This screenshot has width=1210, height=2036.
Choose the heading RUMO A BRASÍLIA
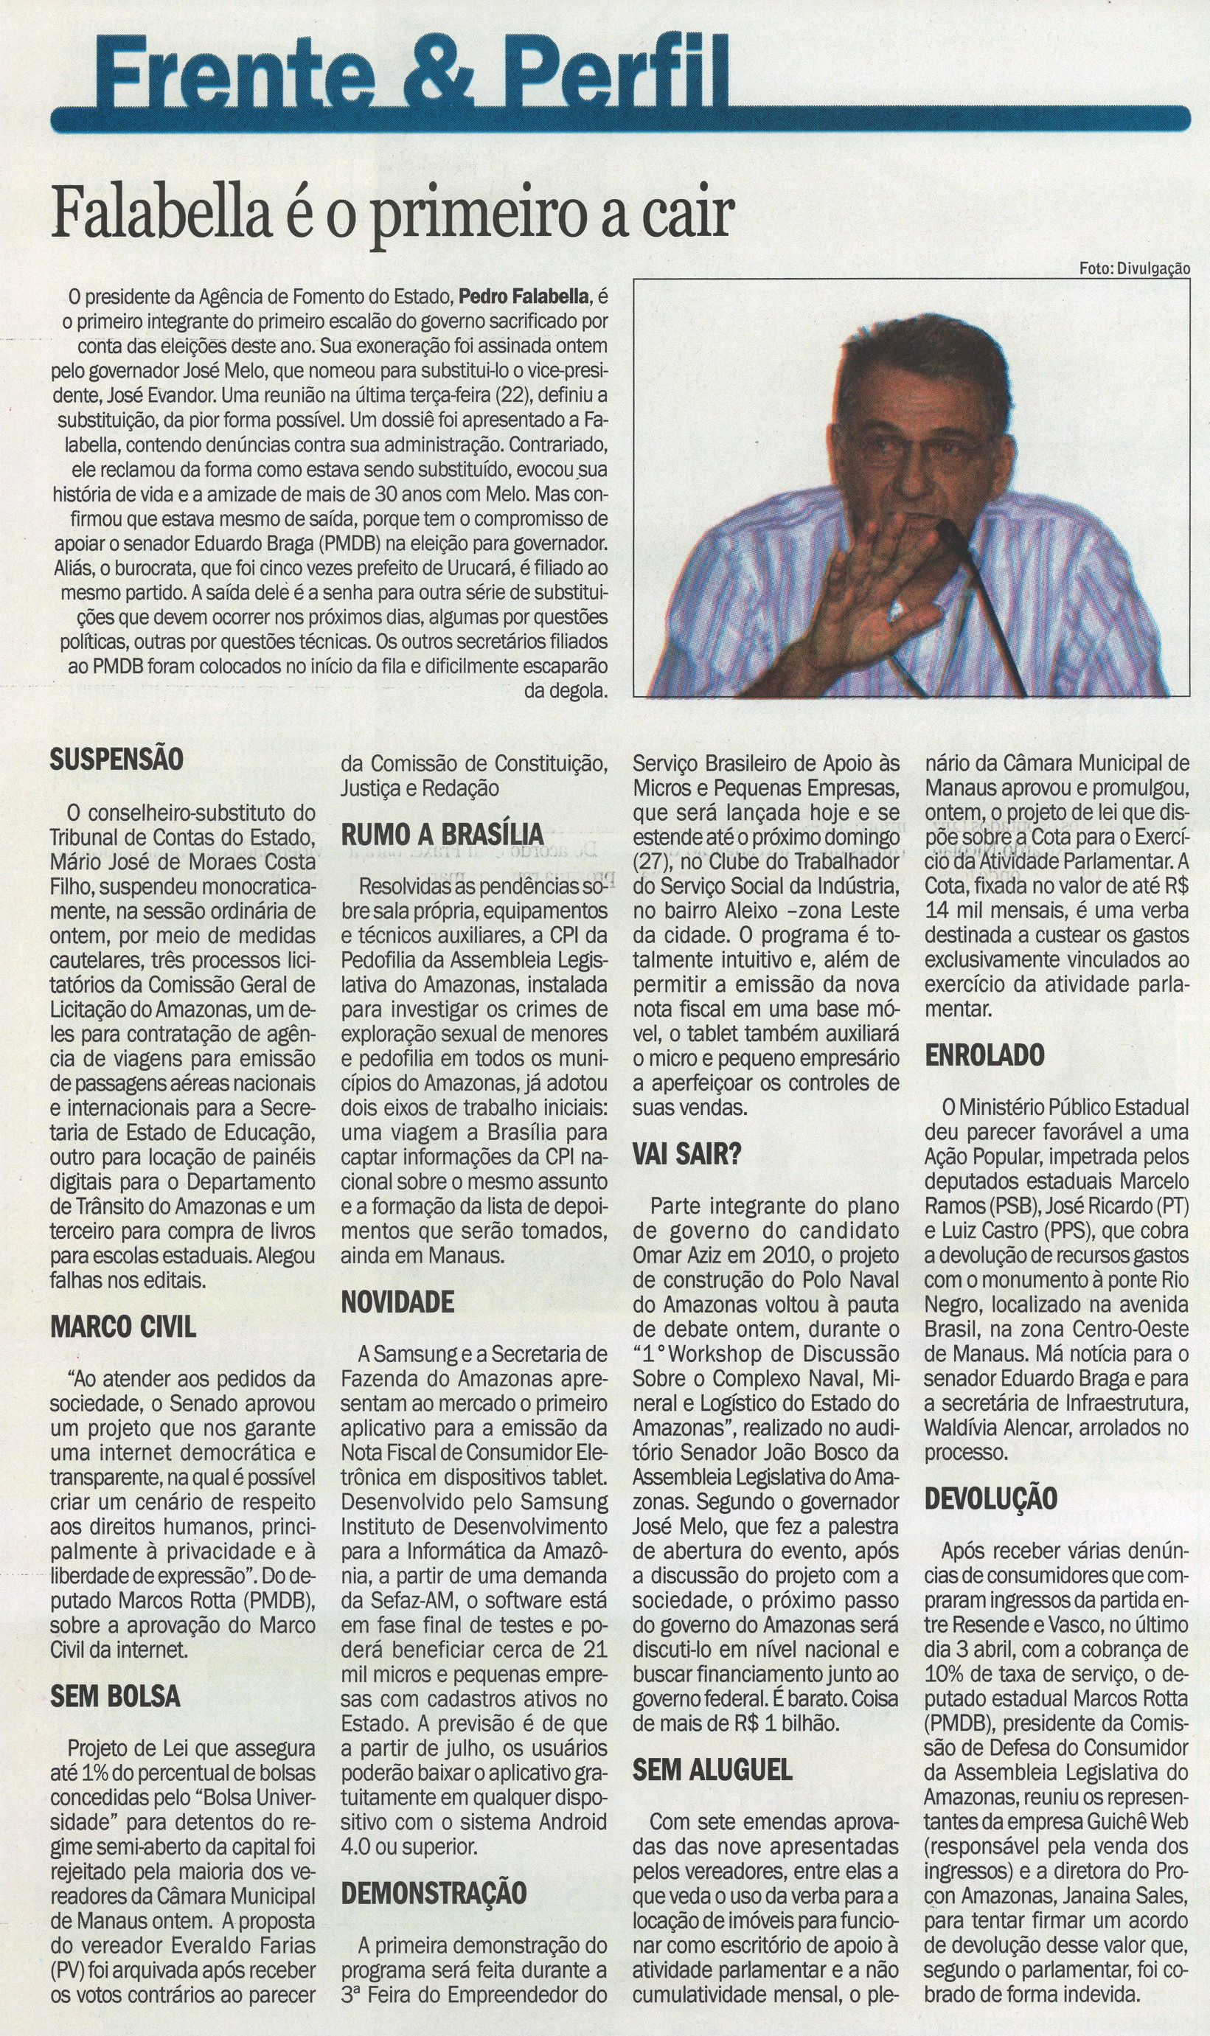tap(442, 835)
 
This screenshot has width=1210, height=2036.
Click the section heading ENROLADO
tap(984, 1056)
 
